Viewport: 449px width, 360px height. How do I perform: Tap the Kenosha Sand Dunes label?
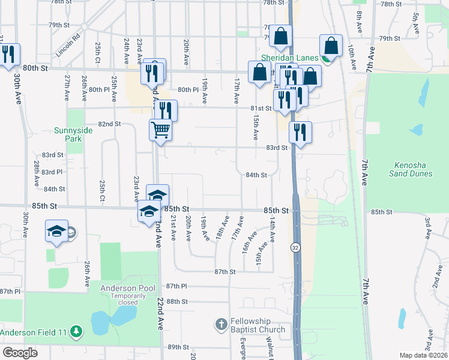pos(409,170)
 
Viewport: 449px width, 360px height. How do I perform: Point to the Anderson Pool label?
pos(127,288)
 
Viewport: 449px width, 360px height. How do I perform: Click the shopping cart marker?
pos(160,130)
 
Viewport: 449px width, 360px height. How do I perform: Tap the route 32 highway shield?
pos(296,247)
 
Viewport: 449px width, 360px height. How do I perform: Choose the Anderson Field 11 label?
pos(34,332)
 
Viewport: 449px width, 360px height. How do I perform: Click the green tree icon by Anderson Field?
pos(76,331)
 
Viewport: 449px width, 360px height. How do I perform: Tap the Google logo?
pos(20,353)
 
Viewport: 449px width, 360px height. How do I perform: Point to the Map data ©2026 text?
pos(424,355)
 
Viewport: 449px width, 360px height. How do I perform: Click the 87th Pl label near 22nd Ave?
pos(177,286)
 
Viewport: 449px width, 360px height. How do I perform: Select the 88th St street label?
pos(177,301)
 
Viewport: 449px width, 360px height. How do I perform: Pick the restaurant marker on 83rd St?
pos(300,133)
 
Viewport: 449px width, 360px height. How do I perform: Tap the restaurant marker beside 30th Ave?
pos(8,55)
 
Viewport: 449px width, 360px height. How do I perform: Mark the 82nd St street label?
pos(109,124)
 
